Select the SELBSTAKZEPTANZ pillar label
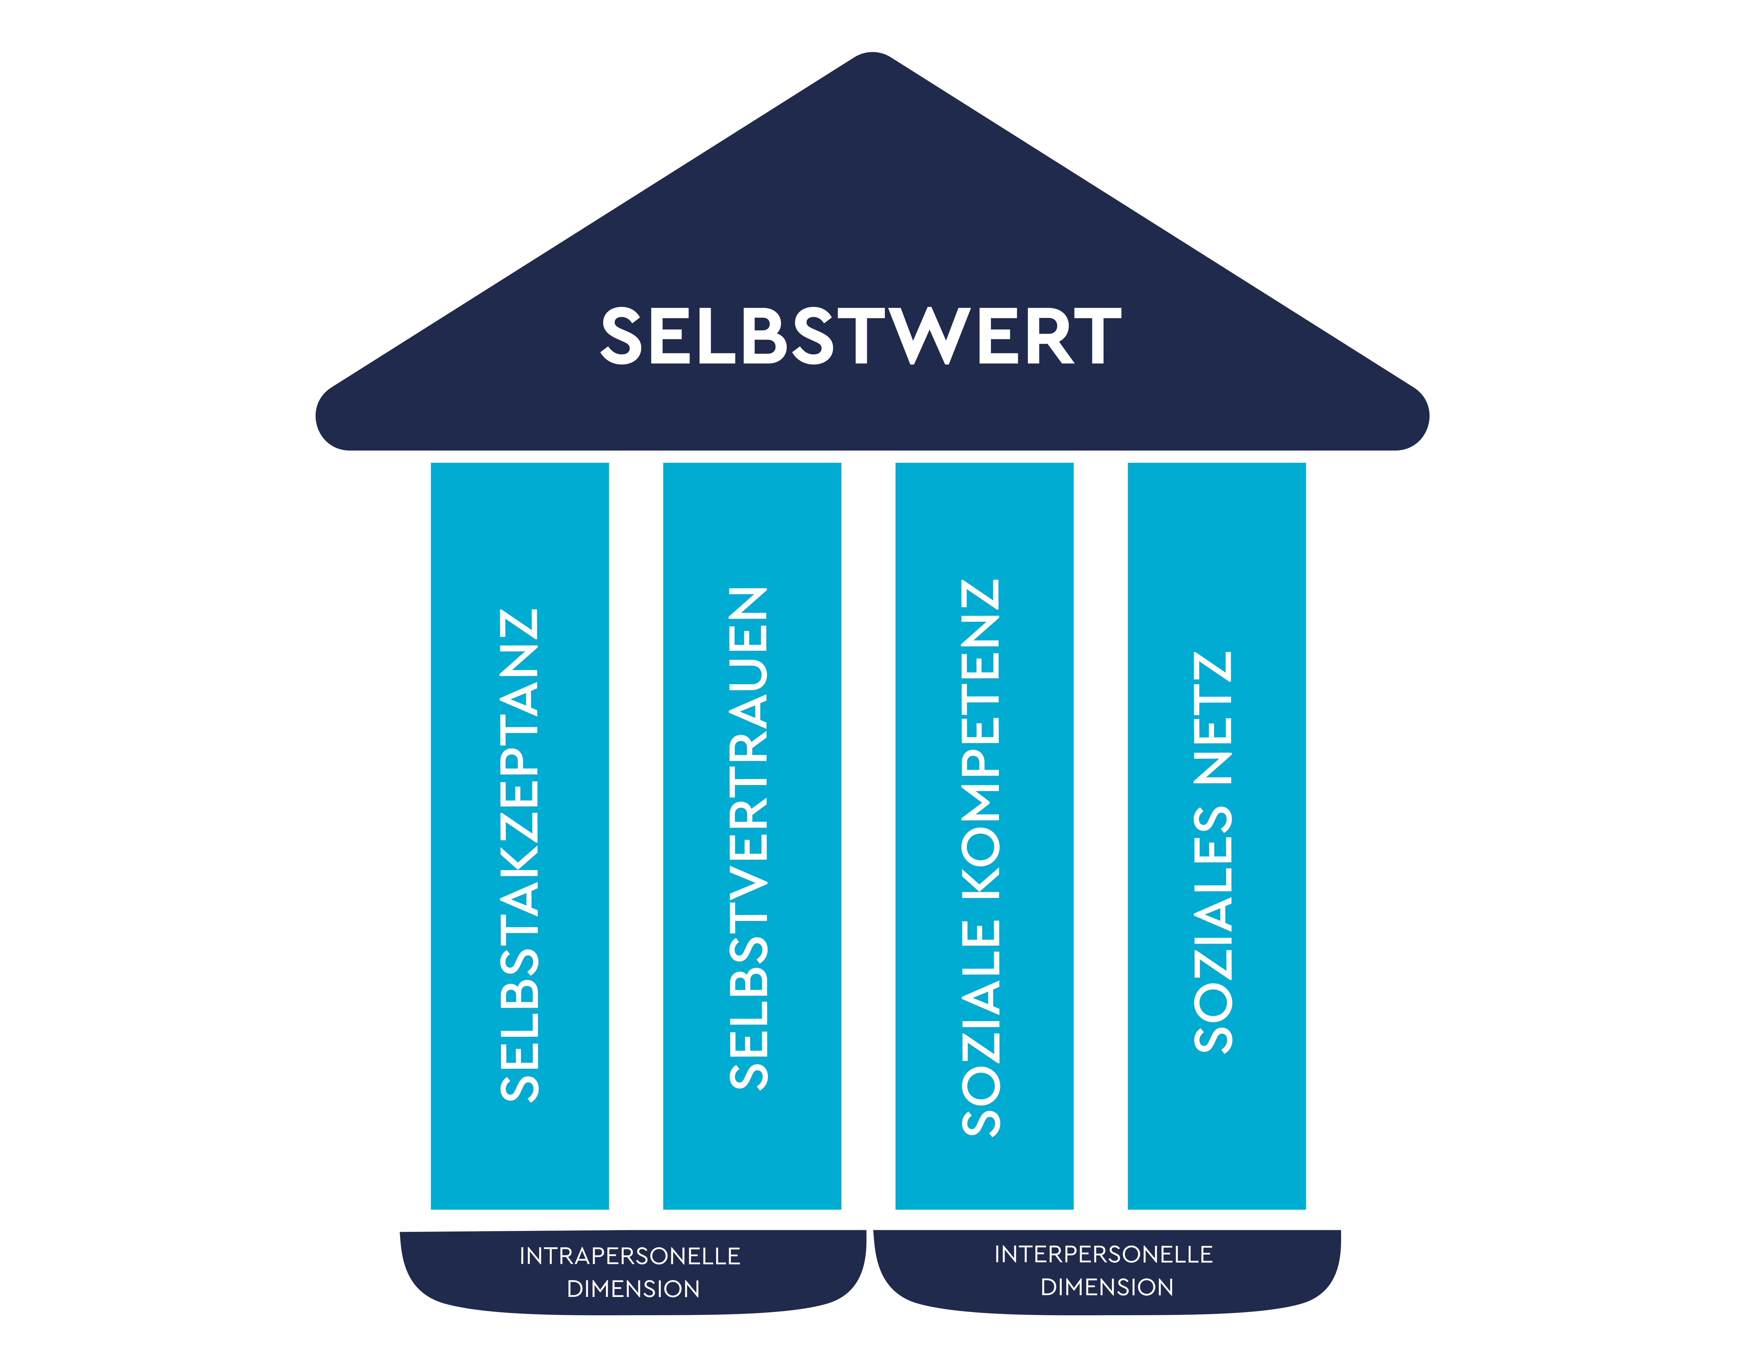pos(519,855)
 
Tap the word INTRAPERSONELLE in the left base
pos(630,1256)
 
